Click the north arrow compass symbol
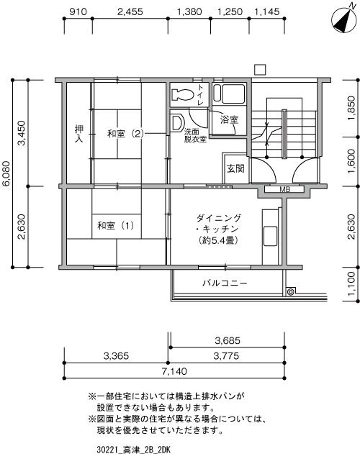343,19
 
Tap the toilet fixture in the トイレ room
182,94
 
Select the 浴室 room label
229,120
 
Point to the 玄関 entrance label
235,168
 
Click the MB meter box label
284,190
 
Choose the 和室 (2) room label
125,134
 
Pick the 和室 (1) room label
115,226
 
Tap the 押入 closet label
78,134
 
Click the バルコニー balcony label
225,283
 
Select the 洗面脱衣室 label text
195,135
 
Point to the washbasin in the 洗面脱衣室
178,122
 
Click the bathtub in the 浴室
230,94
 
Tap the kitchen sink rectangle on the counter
270,236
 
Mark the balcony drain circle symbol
291,292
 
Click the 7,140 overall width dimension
174,371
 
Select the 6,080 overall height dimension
6,173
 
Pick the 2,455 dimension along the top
130,12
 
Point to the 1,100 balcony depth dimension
351,284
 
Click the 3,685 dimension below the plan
228,341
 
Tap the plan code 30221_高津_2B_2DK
133,450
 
